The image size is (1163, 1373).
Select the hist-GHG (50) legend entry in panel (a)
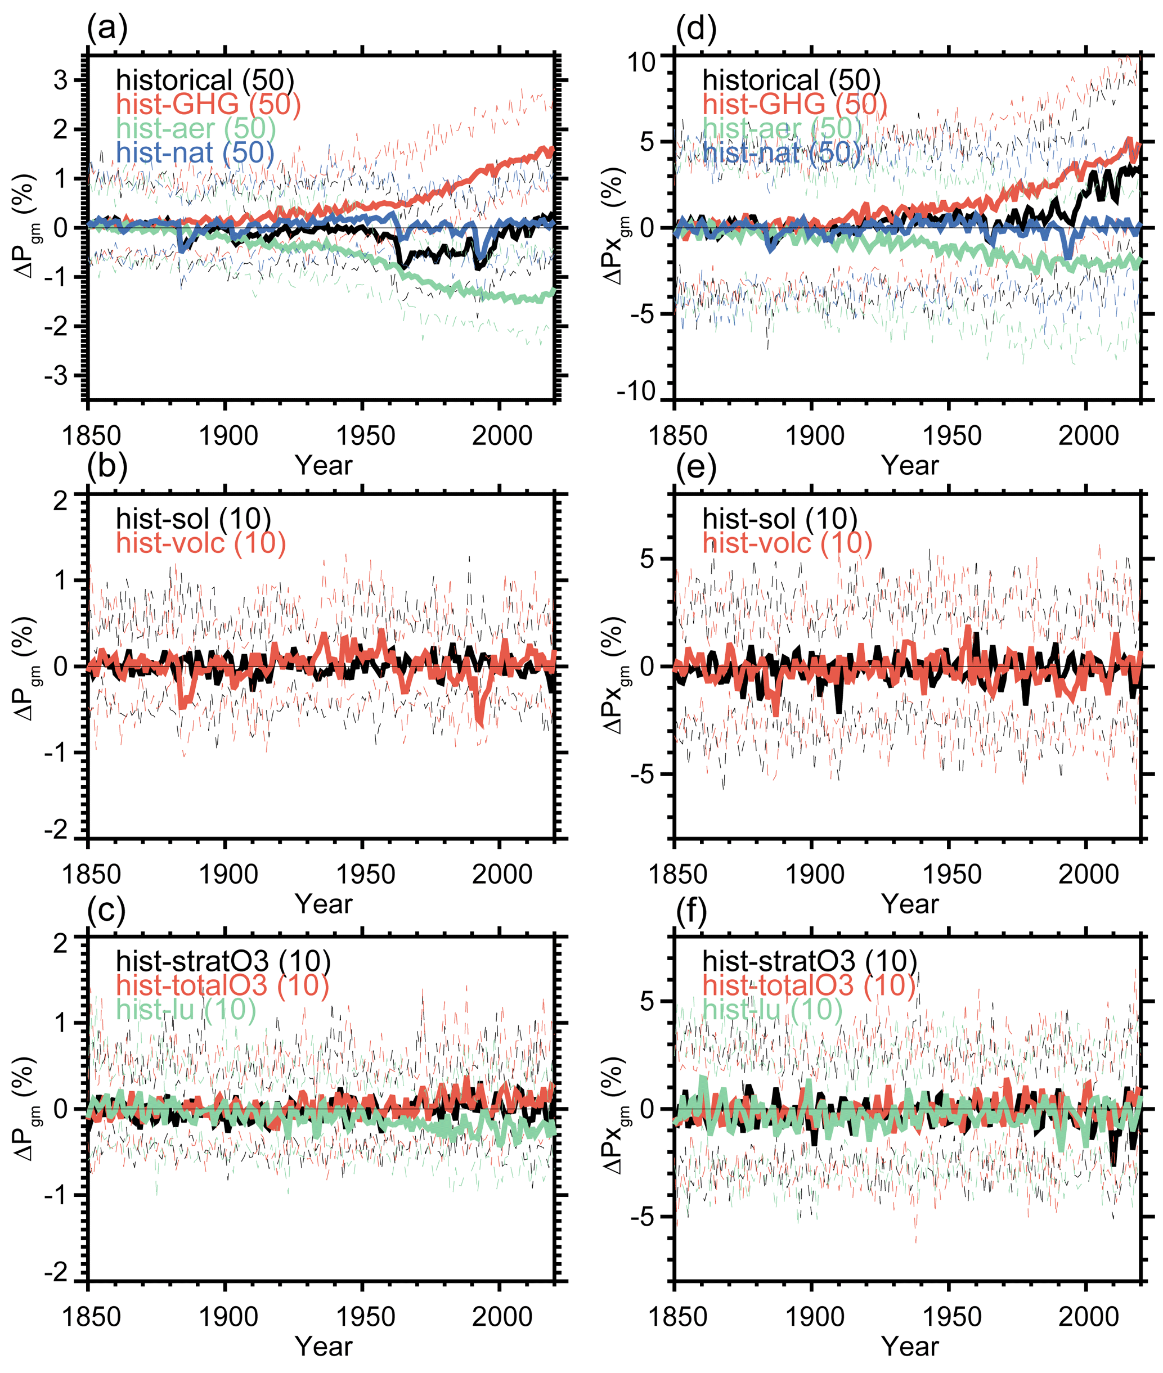pos(208,104)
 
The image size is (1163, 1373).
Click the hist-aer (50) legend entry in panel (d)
pos(782,129)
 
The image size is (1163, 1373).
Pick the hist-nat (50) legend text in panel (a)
pos(195,153)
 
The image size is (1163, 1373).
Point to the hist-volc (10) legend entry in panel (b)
pos(201,543)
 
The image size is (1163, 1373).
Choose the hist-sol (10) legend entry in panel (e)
pos(779,519)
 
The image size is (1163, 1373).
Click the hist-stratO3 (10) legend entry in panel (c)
pos(223,961)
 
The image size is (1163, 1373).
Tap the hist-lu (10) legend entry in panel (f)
pos(772,1009)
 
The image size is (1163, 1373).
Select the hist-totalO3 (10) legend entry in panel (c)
pos(222,985)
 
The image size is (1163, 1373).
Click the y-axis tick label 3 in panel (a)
pos(61,80)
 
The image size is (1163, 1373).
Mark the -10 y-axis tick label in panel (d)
pos(636,391)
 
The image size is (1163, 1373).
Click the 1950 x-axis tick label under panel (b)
pos(365,875)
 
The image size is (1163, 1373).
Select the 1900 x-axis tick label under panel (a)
pos(228,436)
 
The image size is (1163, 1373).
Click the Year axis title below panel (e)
pos(910,904)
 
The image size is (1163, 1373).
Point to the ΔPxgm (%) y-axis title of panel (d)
pos(614,227)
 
